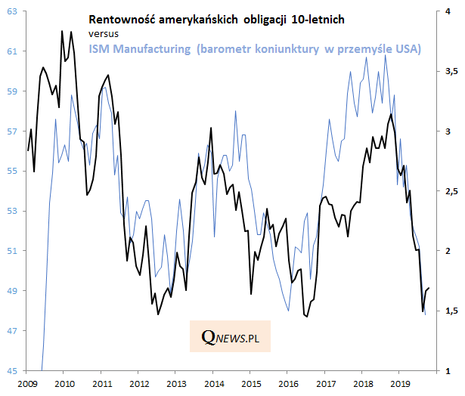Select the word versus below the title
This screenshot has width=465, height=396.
click(103, 33)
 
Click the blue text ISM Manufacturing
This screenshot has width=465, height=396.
click(139, 48)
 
